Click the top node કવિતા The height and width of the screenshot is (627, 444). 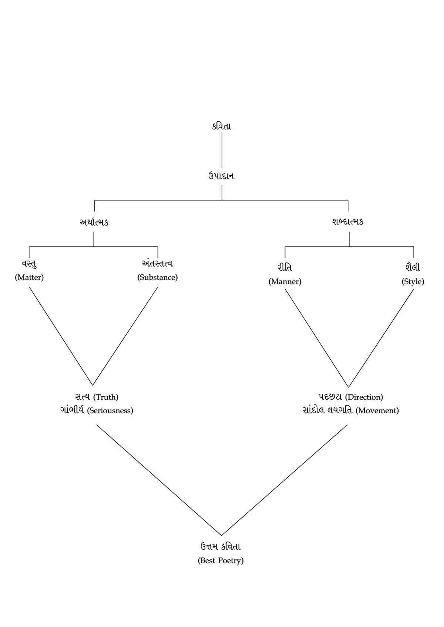pyautogui.click(x=221, y=126)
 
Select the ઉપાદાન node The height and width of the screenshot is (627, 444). pyautogui.click(x=221, y=176)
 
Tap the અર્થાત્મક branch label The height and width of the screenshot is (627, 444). pyautogui.click(x=94, y=222)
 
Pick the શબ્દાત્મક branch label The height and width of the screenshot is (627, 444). pyautogui.click(x=348, y=222)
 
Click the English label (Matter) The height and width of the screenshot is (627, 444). pyautogui.click(x=29, y=277)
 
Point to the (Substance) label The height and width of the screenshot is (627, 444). pyautogui.click(x=158, y=277)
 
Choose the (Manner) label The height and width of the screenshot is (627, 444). pyautogui.click(x=285, y=281)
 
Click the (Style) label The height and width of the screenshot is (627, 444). pyautogui.click(x=413, y=281)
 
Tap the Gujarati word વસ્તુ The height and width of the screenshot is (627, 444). pyautogui.click(x=29, y=264)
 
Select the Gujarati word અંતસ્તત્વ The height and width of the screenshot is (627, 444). pyautogui.click(x=158, y=264)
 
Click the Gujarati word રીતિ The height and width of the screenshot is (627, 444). pyautogui.click(x=285, y=267)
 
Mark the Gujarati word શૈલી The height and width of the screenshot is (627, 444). pyautogui.click(x=413, y=267)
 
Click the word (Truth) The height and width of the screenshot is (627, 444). pyautogui.click(x=106, y=397)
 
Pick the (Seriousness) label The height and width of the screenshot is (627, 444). pyautogui.click(x=110, y=410)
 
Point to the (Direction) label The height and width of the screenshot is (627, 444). pyautogui.click(x=364, y=397)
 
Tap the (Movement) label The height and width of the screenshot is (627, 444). pyautogui.click(x=377, y=410)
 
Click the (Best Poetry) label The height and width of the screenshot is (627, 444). pyautogui.click(x=221, y=560)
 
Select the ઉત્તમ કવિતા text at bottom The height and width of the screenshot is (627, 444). pyautogui.click(x=221, y=546)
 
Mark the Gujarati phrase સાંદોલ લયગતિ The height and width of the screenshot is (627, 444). pyautogui.click(x=327, y=410)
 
